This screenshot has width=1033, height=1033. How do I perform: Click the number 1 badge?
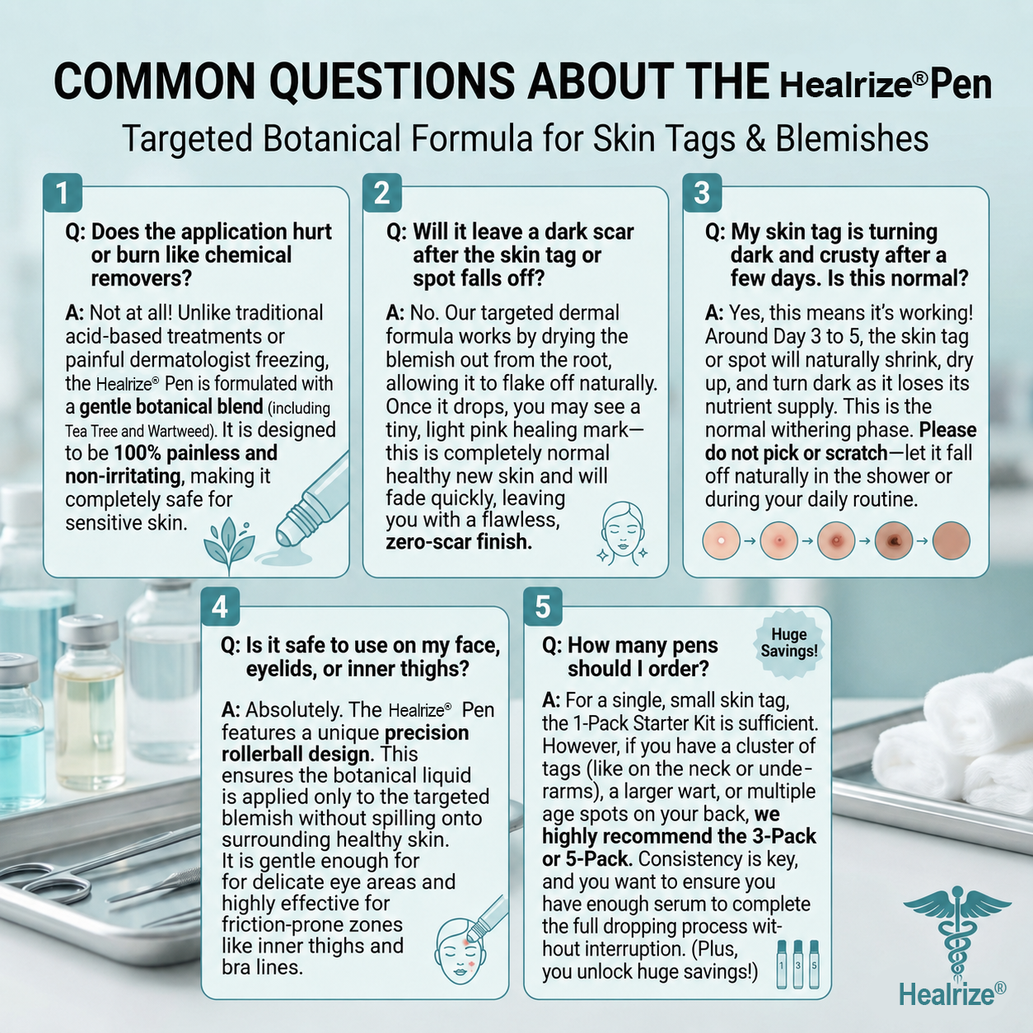62,193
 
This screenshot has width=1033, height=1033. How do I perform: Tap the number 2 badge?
381,193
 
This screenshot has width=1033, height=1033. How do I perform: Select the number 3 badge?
702,193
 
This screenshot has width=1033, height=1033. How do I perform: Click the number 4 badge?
220,606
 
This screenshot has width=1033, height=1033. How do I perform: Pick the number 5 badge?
543,606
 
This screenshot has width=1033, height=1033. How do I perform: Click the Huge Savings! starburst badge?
789,643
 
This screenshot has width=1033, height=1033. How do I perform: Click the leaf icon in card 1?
228,545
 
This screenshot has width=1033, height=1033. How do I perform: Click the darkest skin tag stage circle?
894,541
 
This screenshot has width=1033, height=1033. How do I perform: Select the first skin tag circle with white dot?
721,541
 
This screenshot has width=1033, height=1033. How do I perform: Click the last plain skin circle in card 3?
951,541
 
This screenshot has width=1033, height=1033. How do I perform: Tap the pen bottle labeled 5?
814,964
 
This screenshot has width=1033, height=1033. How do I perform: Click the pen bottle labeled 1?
781,964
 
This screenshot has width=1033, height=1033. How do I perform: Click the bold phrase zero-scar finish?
459,543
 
